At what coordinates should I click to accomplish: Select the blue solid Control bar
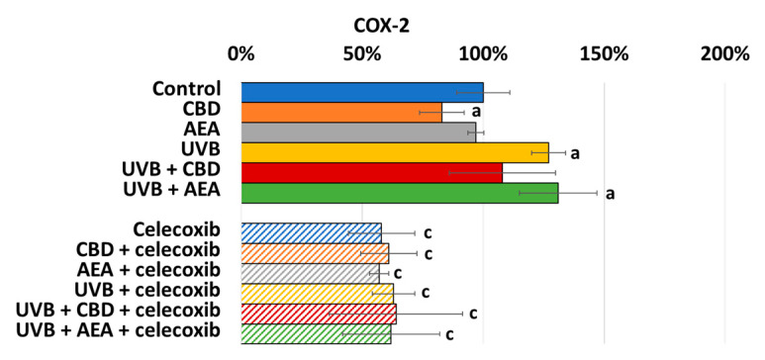click(x=361, y=92)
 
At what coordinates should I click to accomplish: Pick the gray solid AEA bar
click(x=357, y=132)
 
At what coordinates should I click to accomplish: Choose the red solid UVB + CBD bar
click(x=371, y=172)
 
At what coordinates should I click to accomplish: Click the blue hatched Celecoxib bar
click(x=311, y=232)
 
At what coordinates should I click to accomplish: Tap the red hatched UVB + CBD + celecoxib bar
click(x=318, y=314)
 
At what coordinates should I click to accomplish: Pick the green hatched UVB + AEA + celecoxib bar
click(x=316, y=333)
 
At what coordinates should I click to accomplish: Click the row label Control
click(x=186, y=89)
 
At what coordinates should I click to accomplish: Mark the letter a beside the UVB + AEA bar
click(x=611, y=194)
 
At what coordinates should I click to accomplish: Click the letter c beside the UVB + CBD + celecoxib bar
click(x=473, y=314)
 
